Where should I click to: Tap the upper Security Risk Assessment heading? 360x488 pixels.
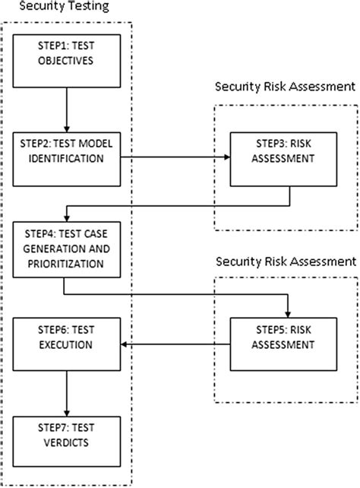coord(285,87)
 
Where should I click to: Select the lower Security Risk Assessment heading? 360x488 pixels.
coord(285,261)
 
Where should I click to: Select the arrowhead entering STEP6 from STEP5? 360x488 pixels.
coord(124,346)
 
